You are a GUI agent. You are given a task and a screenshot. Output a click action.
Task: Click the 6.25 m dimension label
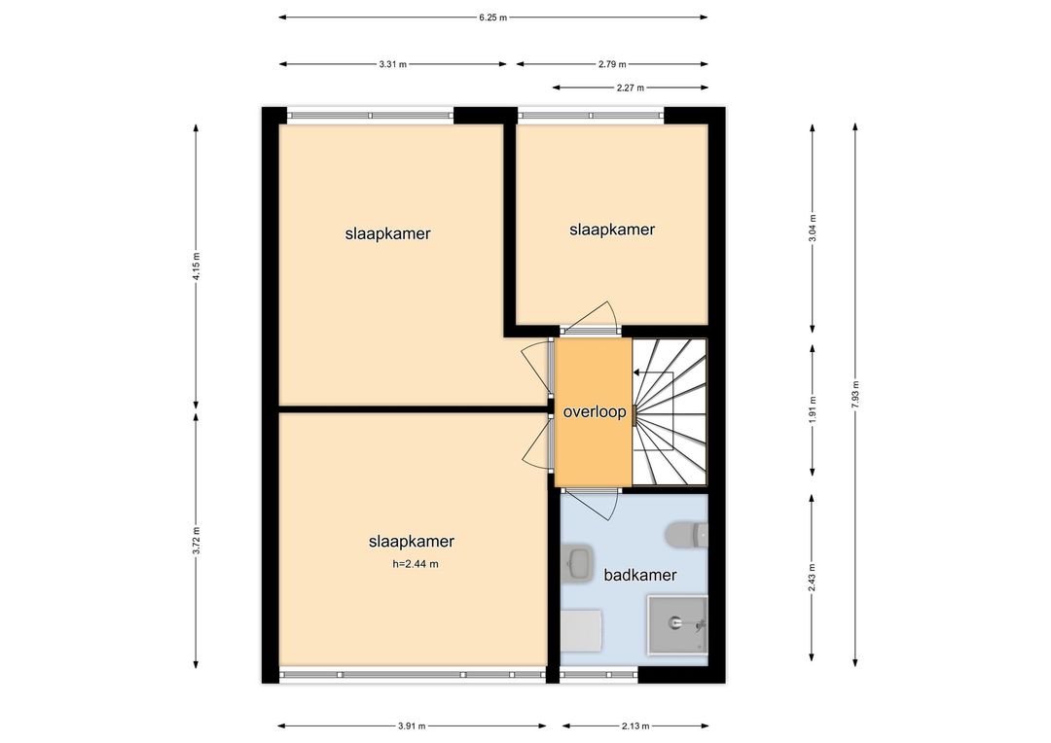492,18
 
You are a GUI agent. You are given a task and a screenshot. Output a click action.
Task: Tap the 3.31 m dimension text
392,64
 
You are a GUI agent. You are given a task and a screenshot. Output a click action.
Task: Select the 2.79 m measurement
612,64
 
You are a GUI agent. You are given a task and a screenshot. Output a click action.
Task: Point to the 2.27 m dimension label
630,88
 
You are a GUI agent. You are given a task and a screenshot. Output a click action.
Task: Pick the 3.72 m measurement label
196,541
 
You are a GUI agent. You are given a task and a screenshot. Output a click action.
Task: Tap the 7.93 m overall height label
855,394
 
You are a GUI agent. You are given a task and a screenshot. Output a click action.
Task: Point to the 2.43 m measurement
813,578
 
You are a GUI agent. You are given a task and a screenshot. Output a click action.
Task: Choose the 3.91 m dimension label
412,726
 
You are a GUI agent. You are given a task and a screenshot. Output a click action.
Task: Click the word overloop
595,412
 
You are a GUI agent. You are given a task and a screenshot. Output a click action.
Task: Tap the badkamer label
640,575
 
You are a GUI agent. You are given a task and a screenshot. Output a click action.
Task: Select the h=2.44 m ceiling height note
416,564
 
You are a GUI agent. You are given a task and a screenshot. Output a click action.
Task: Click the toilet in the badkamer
686,534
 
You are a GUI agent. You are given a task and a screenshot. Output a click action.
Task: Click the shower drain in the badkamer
675,623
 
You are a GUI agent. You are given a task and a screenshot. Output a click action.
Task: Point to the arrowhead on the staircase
636,372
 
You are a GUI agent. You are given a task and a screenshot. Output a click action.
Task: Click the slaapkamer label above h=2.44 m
412,542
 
